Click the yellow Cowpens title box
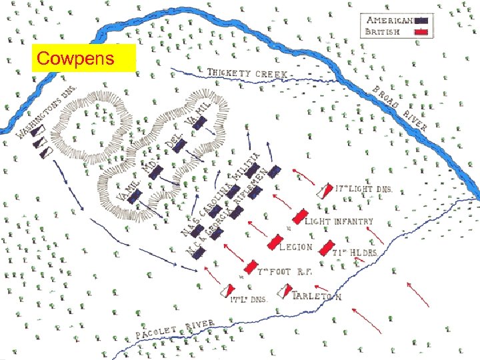click(x=83, y=59)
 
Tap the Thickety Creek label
click(x=247, y=73)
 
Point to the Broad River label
click(x=400, y=107)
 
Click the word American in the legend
click(x=389, y=20)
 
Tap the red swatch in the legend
click(x=423, y=31)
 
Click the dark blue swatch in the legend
click(x=423, y=20)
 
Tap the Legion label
click(x=295, y=247)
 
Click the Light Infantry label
click(x=339, y=221)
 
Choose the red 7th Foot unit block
click(x=249, y=267)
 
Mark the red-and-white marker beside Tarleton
click(x=285, y=292)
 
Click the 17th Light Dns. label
click(x=364, y=189)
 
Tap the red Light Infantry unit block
click(x=300, y=217)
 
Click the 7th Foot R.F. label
click(x=287, y=273)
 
